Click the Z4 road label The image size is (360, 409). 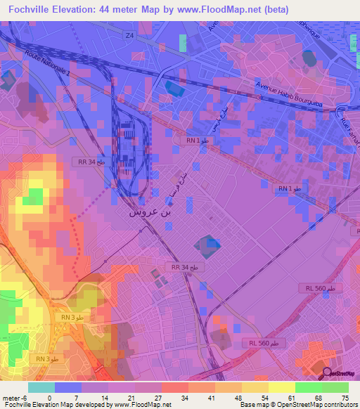coord(129,35)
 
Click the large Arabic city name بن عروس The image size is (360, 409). coord(150,210)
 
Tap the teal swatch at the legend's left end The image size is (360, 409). coord(41,388)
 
